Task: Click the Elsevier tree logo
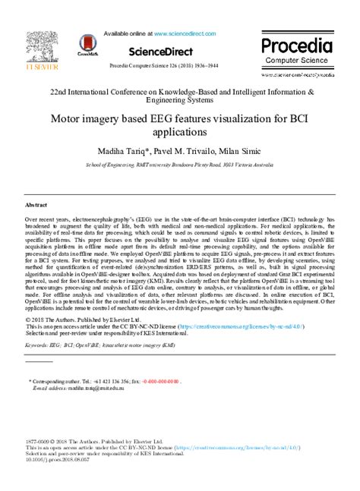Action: (x=39, y=46)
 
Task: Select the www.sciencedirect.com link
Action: (x=185, y=34)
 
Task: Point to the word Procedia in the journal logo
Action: (x=297, y=44)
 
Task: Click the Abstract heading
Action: (x=36, y=206)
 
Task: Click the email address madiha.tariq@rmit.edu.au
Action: (x=83, y=389)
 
